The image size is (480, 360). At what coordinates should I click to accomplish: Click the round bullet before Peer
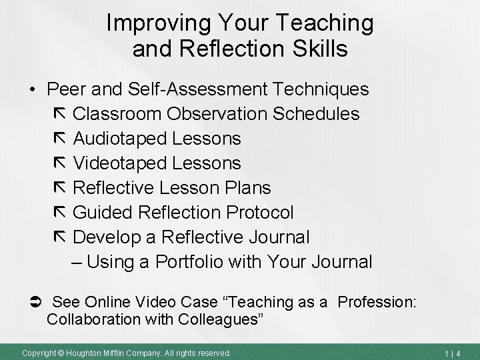point(31,89)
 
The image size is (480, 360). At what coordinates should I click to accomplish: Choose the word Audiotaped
point(119,138)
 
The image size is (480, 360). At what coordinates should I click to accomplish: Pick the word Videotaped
point(119,163)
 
